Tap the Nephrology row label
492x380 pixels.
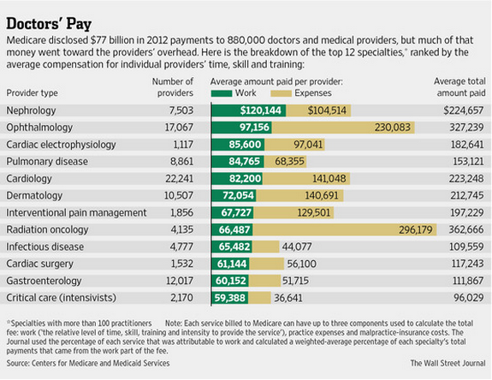click(x=33, y=110)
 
